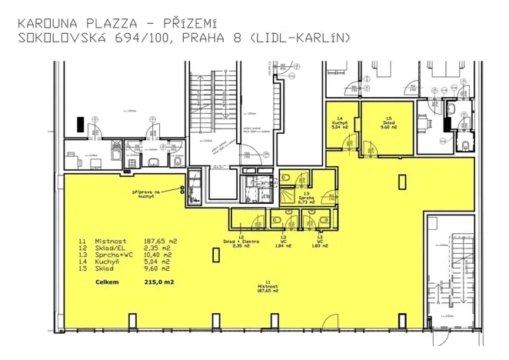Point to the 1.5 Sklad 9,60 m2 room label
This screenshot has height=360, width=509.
tap(388, 123)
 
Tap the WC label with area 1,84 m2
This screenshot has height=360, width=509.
tap(284, 242)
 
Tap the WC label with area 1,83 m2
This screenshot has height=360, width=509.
tap(314, 242)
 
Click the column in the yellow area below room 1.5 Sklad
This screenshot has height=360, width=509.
tap(400, 182)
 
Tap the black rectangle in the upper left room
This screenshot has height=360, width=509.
tap(80, 124)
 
